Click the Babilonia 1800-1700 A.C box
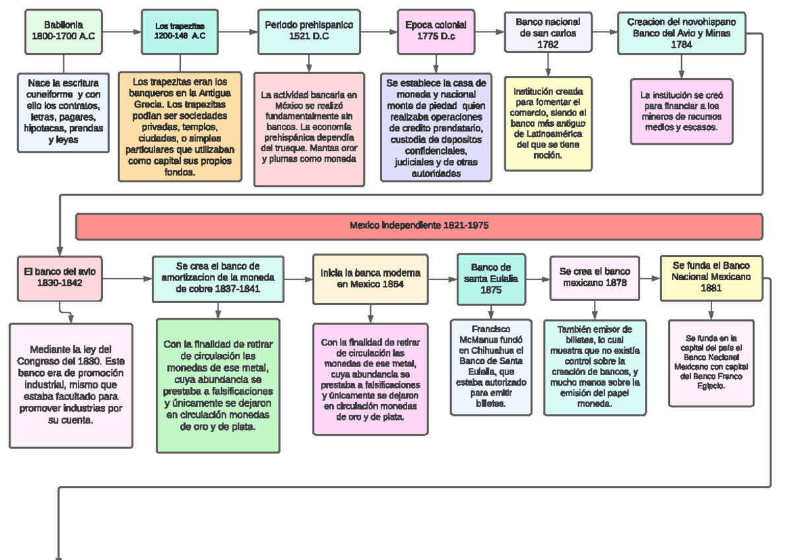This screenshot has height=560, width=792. click(x=63, y=31)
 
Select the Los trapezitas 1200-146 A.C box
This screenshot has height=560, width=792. click(x=180, y=31)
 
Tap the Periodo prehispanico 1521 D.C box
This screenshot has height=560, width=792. click(x=309, y=30)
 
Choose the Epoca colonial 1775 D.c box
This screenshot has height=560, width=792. click(x=436, y=30)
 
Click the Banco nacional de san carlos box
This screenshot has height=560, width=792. click(x=548, y=33)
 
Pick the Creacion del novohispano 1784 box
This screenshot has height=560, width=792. click(x=682, y=33)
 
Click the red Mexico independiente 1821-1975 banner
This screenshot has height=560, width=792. click(x=419, y=226)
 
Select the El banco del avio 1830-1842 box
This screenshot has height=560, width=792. click(x=59, y=277)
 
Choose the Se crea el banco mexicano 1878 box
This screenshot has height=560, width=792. click(x=595, y=277)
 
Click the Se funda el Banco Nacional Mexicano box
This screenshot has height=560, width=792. click(x=711, y=278)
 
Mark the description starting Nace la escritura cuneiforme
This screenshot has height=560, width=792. click(x=63, y=112)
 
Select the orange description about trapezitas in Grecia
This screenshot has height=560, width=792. click(x=180, y=127)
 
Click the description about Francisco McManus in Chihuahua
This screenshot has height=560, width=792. click(x=491, y=367)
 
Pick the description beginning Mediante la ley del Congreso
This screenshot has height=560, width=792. click(x=71, y=385)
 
